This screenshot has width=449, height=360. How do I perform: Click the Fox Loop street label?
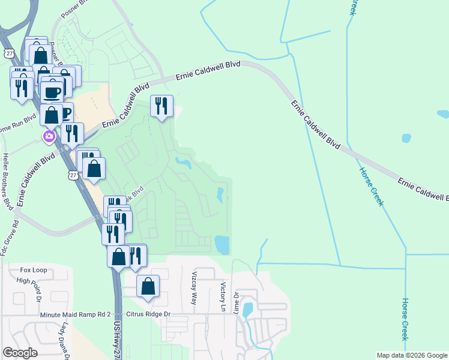[x=34, y=270]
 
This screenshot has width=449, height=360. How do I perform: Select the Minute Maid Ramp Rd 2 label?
[x=76, y=314]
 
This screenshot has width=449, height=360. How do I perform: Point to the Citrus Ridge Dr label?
[x=149, y=314]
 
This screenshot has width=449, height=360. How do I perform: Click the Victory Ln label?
[x=223, y=296]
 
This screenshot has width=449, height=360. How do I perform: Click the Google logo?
[x=19, y=353]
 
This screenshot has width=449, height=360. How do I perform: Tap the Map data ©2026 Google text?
[x=412, y=355]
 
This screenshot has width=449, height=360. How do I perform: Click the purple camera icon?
[x=49, y=137]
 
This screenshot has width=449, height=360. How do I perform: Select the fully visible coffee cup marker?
[x=52, y=92]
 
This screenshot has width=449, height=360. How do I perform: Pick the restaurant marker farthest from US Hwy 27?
[x=161, y=106]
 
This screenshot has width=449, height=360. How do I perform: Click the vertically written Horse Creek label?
[x=405, y=319]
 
